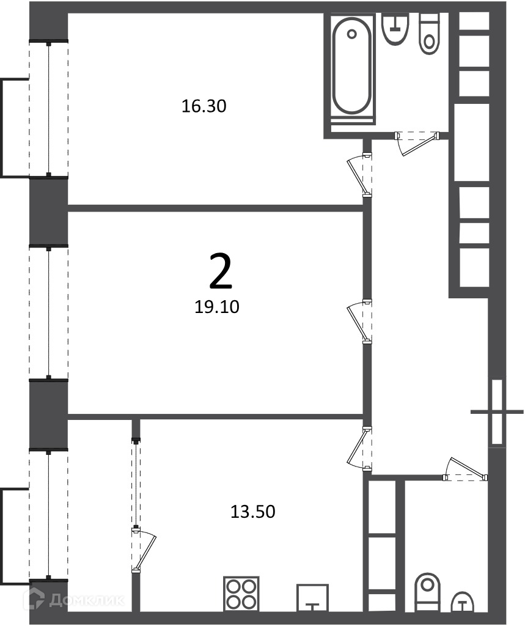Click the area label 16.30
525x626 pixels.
pyautogui.click(x=204, y=106)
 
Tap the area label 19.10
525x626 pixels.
pyautogui.click(x=217, y=307)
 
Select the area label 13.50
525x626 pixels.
pyautogui.click(x=252, y=512)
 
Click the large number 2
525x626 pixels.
pyautogui.click(x=221, y=271)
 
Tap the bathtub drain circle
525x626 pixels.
pyautogui.click(x=351, y=34)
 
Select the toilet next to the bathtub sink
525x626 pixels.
pyautogui.click(x=429, y=34)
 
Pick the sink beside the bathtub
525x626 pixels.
pyautogui.click(x=395, y=29)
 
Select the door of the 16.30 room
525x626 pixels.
pyautogui.click(x=360, y=175)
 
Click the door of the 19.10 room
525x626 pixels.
pyautogui.click(x=360, y=322)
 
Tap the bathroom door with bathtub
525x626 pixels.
pyautogui.click(x=417, y=142)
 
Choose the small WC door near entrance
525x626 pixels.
pyautogui.click(x=465, y=469)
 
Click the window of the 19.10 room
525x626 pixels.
pyautogui.click(x=48, y=312)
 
